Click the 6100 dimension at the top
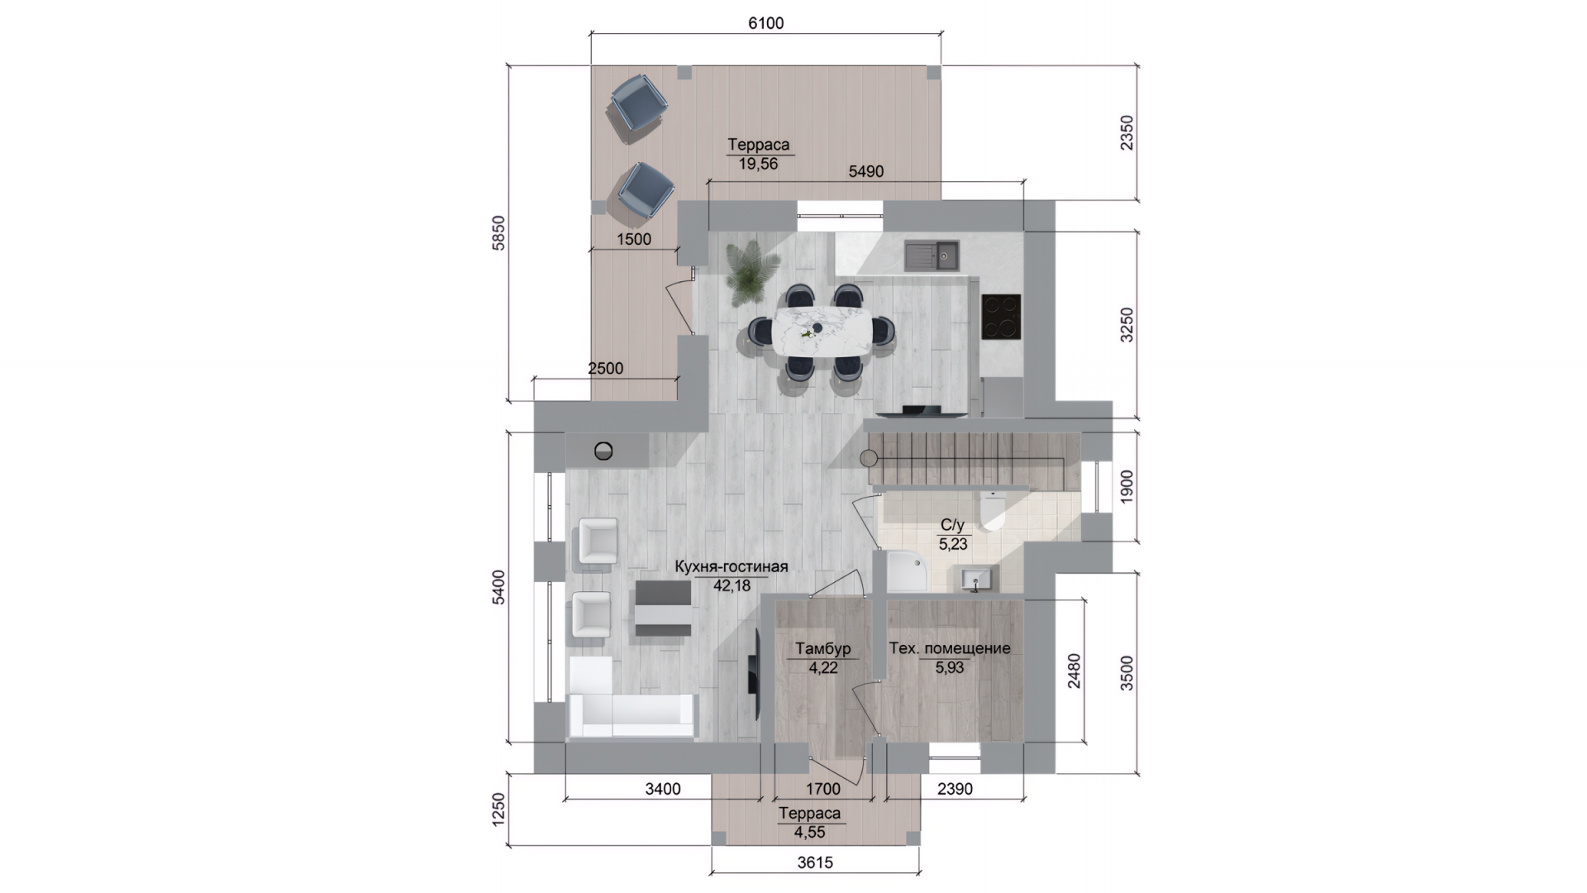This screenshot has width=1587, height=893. [x=765, y=23]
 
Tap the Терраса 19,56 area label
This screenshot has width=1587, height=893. [x=758, y=154]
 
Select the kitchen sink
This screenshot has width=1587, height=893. [x=931, y=255]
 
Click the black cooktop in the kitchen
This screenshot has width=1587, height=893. [x=1001, y=317]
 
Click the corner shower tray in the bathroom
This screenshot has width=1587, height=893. [x=907, y=571]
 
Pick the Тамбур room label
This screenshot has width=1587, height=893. [x=822, y=649]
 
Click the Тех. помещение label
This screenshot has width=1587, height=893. [x=950, y=648]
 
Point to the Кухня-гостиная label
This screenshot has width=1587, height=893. [x=732, y=567]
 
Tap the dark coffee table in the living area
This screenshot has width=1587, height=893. [x=663, y=608]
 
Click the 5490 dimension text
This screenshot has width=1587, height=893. [x=866, y=171]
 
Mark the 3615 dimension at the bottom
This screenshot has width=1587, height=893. [x=815, y=862]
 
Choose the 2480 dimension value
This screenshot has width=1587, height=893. [x=1073, y=671]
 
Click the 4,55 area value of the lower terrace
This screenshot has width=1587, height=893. [x=809, y=833]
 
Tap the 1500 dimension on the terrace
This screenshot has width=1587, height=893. [x=634, y=239]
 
